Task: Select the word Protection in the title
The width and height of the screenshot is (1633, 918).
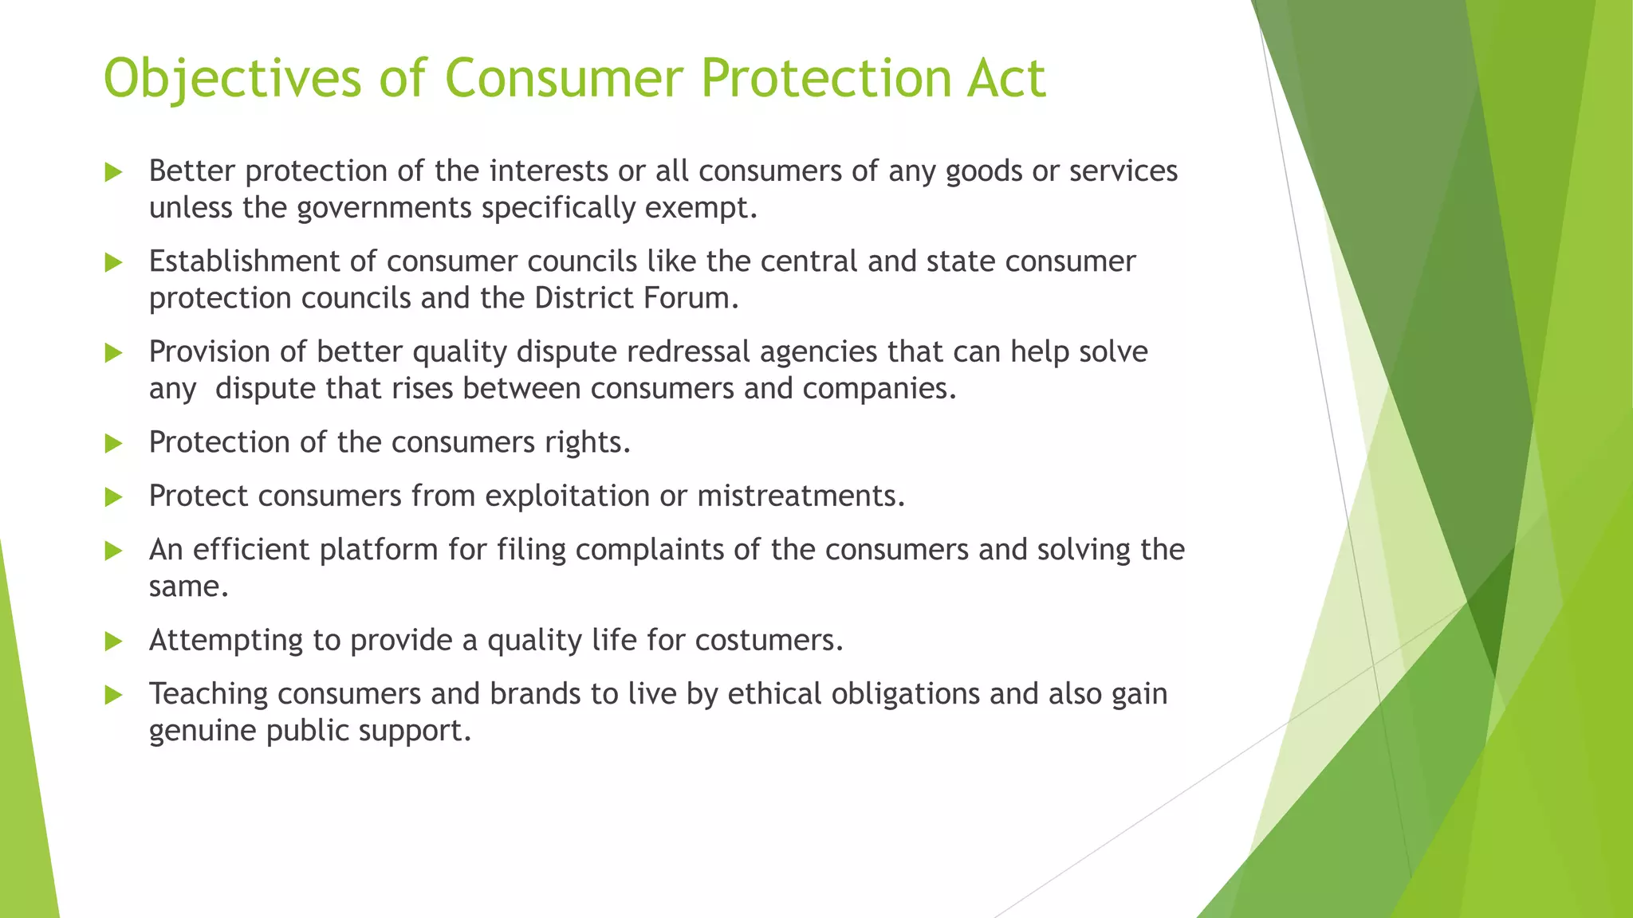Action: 825,80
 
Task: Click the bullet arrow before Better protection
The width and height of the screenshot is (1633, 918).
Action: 114,172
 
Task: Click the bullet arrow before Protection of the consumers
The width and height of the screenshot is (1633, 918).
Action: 114,444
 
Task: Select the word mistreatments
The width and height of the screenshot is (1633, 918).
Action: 800,496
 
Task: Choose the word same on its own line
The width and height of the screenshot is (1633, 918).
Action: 187,587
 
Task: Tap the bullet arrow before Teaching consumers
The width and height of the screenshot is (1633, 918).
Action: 114,696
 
